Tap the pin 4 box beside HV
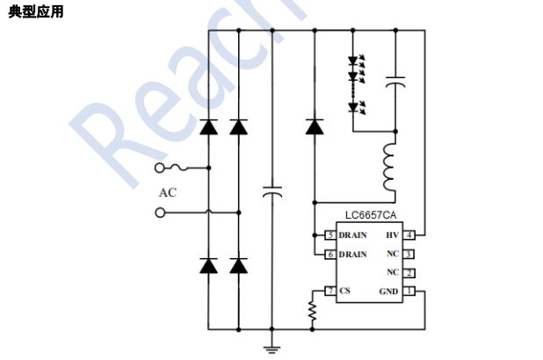coord(409,235)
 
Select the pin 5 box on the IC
coord(329,235)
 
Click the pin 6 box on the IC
coord(329,254)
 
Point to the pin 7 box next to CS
coord(329,291)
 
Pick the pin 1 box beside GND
coord(409,291)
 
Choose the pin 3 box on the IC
coord(409,254)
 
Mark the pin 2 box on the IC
coord(409,272)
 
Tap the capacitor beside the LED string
coord(395,82)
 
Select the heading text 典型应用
coord(35,11)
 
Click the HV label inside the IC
coord(392,235)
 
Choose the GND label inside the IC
coord(388,291)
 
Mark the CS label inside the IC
coord(344,291)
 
